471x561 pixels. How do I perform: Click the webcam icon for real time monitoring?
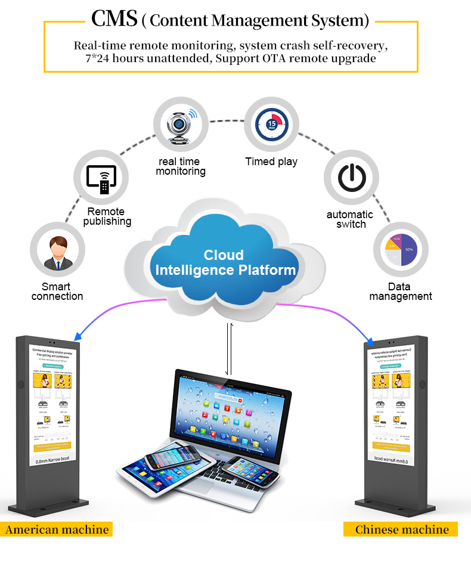181,126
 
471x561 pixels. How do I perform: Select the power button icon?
351,177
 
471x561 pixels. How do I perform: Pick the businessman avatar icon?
57,252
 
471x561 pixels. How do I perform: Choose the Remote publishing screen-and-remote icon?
101,177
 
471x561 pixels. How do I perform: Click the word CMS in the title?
114,20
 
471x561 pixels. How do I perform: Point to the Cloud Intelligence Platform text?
225,262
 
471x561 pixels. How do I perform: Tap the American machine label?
57,529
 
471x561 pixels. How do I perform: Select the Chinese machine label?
402,529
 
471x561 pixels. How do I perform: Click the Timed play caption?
271,162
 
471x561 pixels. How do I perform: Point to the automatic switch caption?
350,219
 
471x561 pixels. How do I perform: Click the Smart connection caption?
57,292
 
